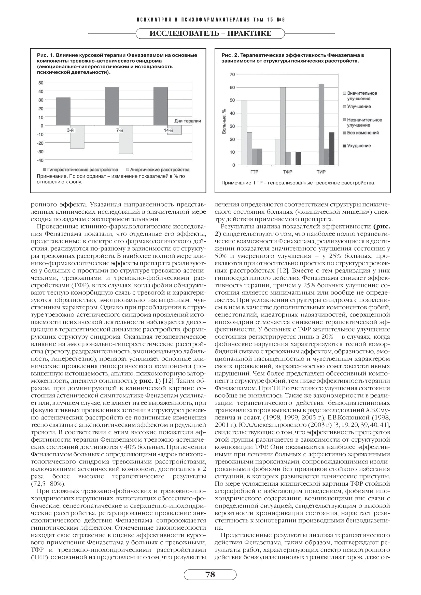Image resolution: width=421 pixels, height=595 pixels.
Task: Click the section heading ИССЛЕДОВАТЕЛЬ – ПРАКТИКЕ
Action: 210,34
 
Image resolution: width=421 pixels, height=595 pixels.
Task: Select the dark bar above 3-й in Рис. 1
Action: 63,111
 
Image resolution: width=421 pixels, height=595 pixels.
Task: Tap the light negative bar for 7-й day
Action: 126,139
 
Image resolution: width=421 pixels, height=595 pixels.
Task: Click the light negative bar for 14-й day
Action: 174,130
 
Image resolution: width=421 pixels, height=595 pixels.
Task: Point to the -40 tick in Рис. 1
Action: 40,160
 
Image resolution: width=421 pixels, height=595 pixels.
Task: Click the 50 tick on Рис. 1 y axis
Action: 41,83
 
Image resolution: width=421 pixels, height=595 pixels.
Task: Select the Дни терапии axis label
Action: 187,121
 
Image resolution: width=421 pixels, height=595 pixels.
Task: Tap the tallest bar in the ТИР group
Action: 321,124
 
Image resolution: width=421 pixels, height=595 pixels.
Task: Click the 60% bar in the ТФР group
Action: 283,126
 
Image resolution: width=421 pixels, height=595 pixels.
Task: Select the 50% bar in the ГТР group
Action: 244,133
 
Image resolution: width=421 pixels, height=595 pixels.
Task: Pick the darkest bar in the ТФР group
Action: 298,158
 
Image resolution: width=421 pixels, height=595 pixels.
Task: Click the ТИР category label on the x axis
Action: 321,172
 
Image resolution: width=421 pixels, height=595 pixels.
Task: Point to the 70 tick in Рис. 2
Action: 232,75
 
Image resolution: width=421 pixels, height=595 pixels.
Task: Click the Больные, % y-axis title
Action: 224,121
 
